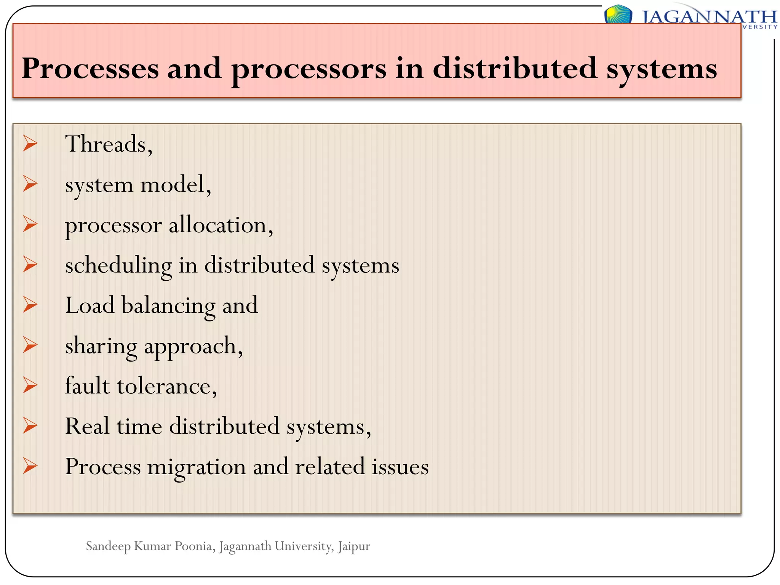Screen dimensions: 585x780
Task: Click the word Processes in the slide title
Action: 90,69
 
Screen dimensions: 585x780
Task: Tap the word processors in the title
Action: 308,69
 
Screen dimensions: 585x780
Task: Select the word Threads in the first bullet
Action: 106,144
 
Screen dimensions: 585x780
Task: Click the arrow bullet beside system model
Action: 30,184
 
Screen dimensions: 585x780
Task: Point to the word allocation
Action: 218,225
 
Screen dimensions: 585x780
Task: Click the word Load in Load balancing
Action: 90,305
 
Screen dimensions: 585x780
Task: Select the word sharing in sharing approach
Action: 101,346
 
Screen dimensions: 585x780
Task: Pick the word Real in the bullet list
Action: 87,426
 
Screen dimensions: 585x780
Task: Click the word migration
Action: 197,467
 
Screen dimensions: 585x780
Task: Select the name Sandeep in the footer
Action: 108,547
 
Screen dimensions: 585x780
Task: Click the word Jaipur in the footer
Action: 354,547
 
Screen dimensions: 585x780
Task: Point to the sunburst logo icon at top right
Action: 618,14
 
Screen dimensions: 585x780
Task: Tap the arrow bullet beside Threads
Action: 30,144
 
